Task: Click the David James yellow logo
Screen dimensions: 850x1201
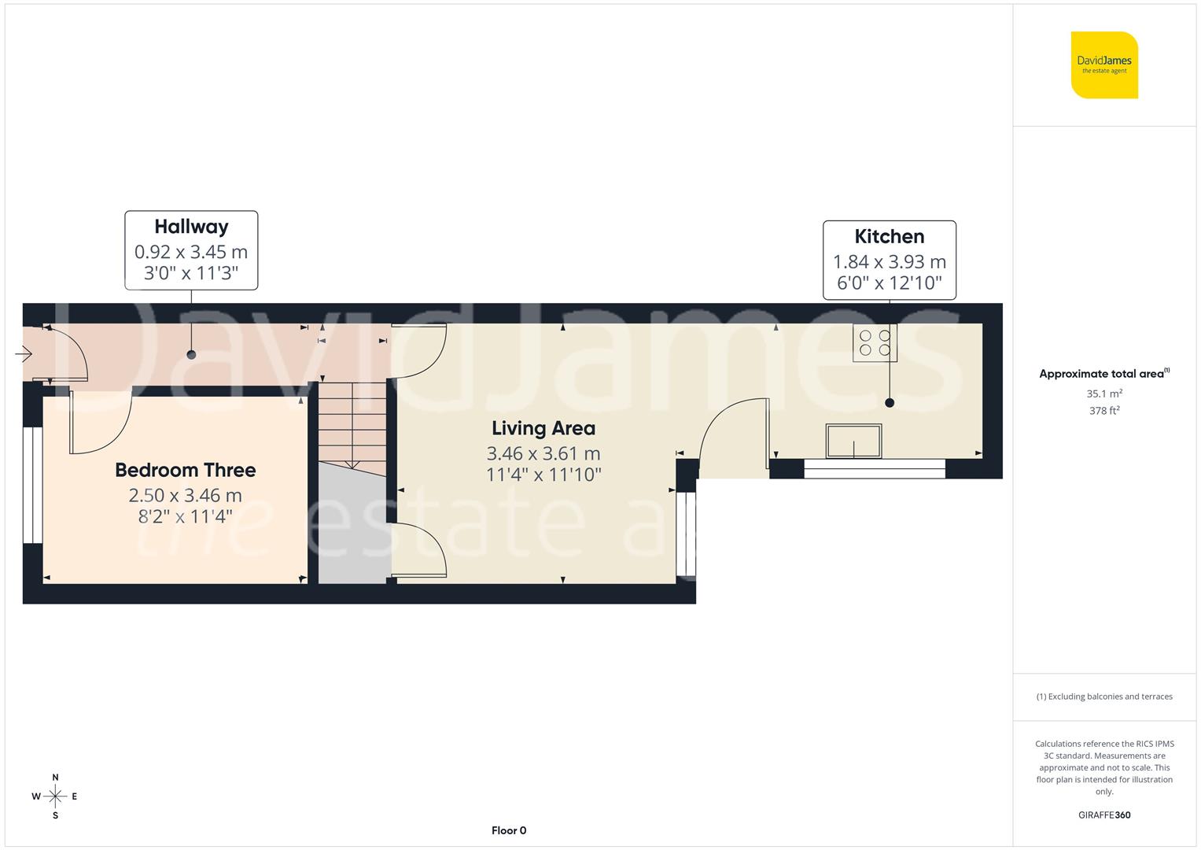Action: click(x=1104, y=65)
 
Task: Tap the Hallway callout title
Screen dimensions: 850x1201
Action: click(x=191, y=227)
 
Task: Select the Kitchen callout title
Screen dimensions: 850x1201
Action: click(x=890, y=236)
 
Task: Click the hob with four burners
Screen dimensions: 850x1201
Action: click(x=875, y=342)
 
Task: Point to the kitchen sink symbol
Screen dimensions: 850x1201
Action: click(x=853, y=441)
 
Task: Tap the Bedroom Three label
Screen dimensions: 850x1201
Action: click(x=186, y=470)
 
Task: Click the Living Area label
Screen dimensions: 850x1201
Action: click(x=543, y=428)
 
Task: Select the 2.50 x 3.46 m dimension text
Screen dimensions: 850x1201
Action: click(x=186, y=495)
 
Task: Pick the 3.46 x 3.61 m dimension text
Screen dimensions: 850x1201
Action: click(x=543, y=453)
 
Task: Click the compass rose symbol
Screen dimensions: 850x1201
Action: click(x=55, y=796)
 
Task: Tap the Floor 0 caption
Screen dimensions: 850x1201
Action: click(x=509, y=830)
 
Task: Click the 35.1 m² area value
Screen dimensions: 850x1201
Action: click(x=1104, y=394)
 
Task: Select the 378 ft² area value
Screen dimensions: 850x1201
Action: click(x=1104, y=410)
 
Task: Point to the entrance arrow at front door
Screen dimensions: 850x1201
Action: click(x=23, y=355)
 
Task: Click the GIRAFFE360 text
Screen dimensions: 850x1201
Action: click(x=1104, y=815)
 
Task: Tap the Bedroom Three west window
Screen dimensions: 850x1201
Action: click(x=32, y=485)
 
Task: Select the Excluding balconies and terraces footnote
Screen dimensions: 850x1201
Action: click(x=1104, y=697)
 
